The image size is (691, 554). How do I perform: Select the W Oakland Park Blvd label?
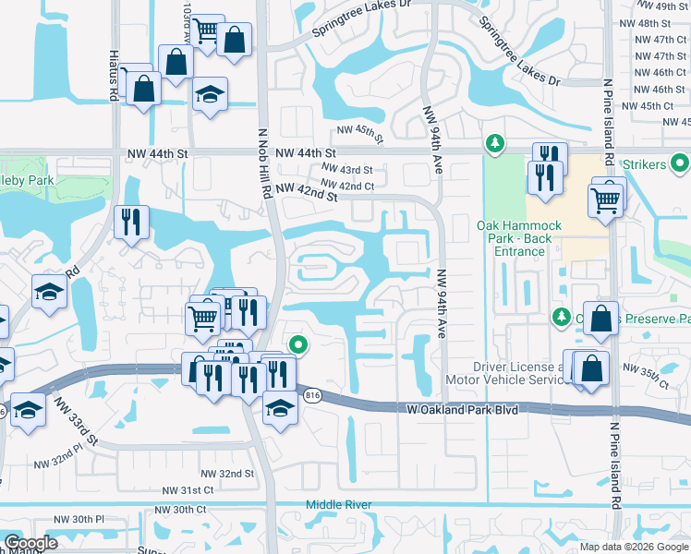[462, 408]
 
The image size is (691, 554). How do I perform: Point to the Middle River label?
[339, 505]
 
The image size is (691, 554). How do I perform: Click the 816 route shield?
[313, 395]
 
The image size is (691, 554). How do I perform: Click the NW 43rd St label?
[346, 170]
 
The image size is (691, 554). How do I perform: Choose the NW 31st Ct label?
[188, 490]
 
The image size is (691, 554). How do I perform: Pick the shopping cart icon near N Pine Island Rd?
[606, 197]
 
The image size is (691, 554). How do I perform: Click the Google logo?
[30, 543]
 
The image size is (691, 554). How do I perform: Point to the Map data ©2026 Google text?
[634, 547]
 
